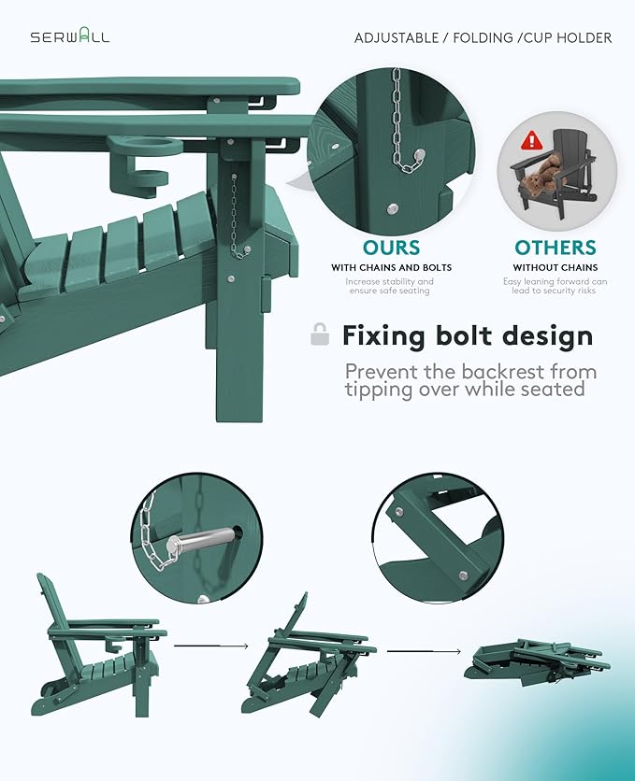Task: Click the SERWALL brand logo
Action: pos(70,37)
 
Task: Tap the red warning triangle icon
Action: pos(532,140)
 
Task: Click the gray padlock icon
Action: pos(320,334)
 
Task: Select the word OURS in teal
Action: pos(391,248)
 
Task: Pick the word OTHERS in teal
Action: pos(556,248)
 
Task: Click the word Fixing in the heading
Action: pos(383,336)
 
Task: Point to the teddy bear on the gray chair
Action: pos(540,177)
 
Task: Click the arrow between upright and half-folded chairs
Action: pos(210,646)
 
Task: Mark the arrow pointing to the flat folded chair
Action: pos(425,651)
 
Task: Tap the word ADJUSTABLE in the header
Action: pos(397,38)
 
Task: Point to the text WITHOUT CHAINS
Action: pos(556,267)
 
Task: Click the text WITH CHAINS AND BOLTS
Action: pos(391,267)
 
